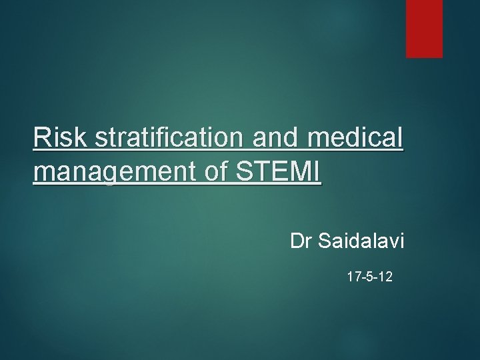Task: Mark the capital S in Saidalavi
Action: tap(325, 240)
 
